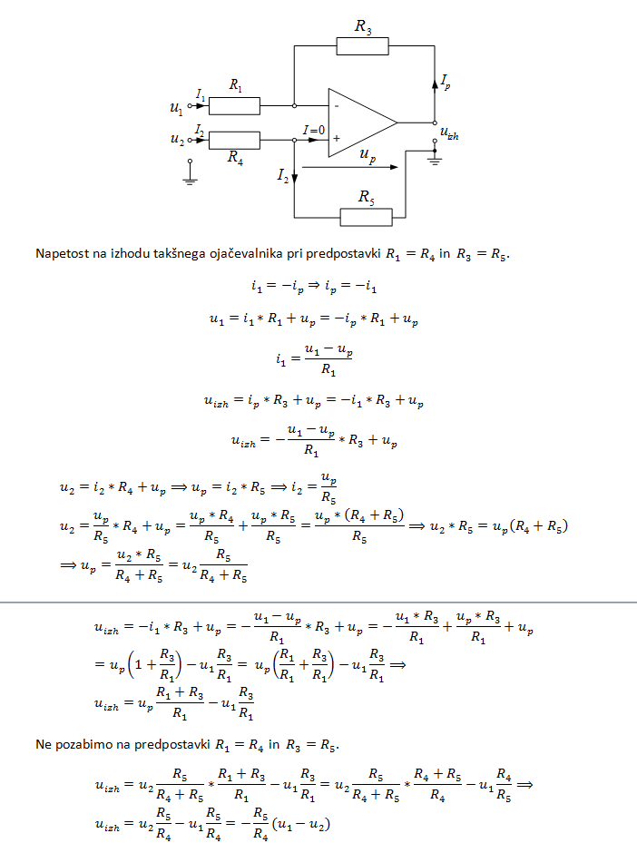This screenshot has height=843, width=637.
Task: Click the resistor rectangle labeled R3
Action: tap(362, 46)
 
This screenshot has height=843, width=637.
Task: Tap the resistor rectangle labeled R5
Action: tap(366, 217)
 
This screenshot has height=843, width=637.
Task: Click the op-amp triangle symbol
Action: tap(359, 123)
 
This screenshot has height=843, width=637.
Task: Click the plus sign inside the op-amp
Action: tap(336, 139)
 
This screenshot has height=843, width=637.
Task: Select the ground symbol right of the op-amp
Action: tap(435, 160)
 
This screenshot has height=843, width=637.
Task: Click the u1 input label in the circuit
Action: tap(176, 107)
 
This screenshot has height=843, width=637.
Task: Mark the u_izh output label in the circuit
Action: tap(449, 133)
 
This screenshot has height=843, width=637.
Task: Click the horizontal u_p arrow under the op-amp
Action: tap(348, 167)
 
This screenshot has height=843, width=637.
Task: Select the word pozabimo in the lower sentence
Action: tap(82, 745)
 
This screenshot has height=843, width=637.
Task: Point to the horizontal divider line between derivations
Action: tap(318, 602)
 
